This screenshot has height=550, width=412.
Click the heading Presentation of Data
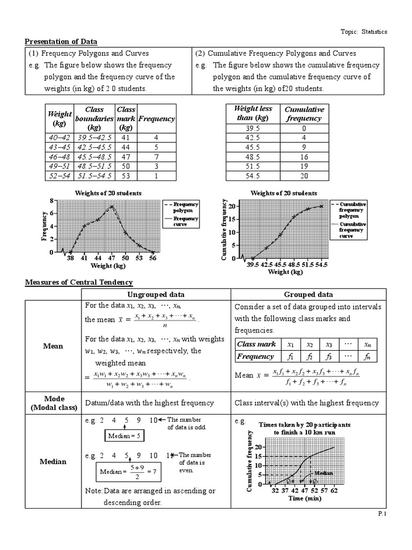tap(61, 42)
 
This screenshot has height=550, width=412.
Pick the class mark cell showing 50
tap(126, 167)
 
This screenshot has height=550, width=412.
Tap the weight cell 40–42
tap(60, 137)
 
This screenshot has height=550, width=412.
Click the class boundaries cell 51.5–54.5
tap(94, 176)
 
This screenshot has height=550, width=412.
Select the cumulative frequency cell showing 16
tap(304, 157)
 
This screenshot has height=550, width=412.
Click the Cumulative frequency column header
tap(304, 114)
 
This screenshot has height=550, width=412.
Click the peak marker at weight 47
tap(111, 207)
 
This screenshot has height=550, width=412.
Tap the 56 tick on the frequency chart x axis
tap(152, 258)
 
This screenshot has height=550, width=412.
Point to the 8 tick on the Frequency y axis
tap(51, 201)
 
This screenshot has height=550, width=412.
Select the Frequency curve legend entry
tap(186, 222)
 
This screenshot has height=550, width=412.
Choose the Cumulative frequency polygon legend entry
tap(352, 211)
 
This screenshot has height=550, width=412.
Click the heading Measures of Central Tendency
tap(79, 283)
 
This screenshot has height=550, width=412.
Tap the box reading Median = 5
tap(123, 436)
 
